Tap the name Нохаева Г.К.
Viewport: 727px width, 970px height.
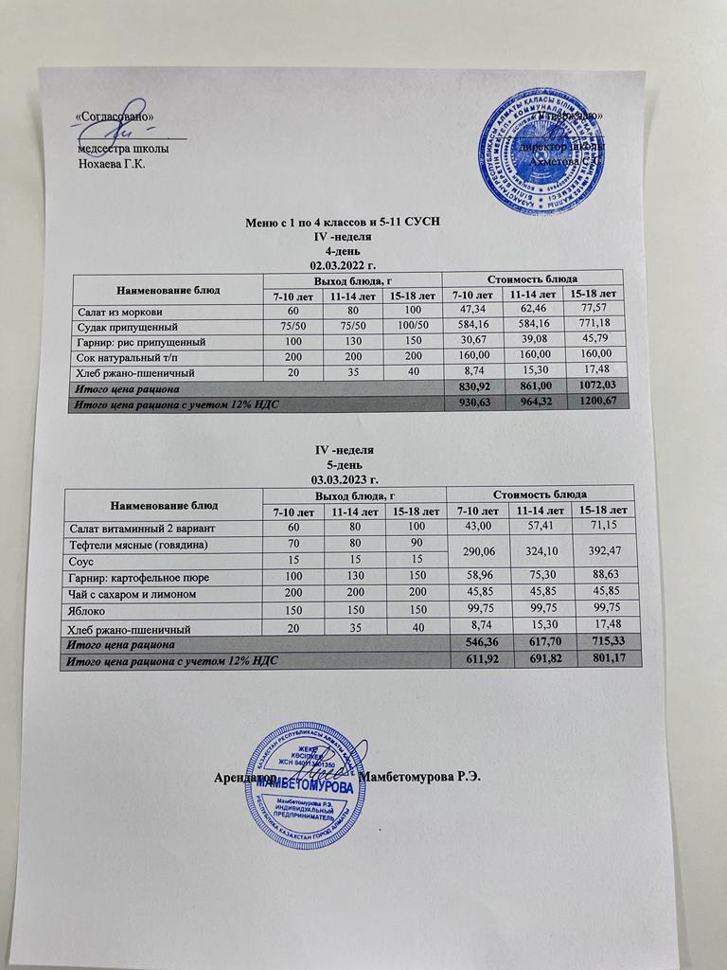[111, 163]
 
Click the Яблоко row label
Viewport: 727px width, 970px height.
[86, 611]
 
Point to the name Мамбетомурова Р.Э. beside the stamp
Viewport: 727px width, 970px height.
[427, 777]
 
